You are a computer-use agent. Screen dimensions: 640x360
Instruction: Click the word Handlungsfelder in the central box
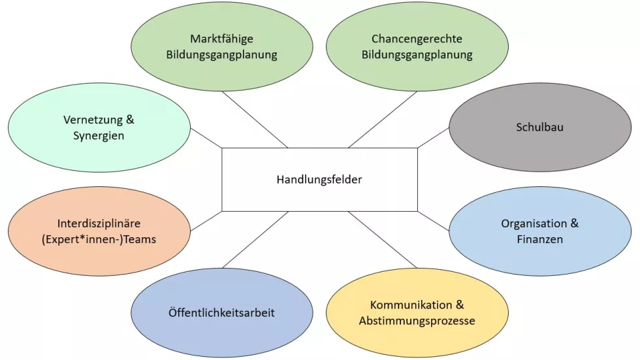click(319, 180)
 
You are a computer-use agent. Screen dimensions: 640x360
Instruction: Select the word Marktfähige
click(221, 39)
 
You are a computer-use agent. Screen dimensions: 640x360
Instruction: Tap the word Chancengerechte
click(417, 39)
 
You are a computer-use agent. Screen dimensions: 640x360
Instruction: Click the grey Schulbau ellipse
click(540, 127)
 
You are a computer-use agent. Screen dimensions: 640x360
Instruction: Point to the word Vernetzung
click(93, 120)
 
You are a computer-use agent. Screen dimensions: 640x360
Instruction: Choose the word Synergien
click(99, 136)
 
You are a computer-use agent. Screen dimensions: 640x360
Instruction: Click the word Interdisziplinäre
click(99, 223)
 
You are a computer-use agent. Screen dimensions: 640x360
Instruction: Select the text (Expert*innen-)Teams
click(99, 240)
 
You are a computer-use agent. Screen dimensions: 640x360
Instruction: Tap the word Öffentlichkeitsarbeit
click(221, 313)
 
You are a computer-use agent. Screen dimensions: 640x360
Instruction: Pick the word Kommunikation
click(411, 305)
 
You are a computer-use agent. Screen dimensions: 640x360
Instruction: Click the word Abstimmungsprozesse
click(417, 321)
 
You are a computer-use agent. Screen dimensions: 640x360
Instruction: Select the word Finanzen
click(540, 240)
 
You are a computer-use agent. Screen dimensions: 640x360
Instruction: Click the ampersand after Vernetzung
click(130, 120)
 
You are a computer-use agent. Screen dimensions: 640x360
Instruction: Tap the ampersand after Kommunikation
click(460, 305)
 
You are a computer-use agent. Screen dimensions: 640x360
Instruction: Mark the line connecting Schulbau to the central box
click(433, 138)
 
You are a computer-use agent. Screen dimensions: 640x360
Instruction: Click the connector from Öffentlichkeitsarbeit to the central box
click(255, 240)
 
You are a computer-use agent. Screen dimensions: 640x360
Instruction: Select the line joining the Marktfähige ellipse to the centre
click(255, 120)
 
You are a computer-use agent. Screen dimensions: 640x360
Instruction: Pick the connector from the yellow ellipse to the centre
click(383, 240)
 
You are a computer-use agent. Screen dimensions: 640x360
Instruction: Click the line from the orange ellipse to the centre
click(206, 221)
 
